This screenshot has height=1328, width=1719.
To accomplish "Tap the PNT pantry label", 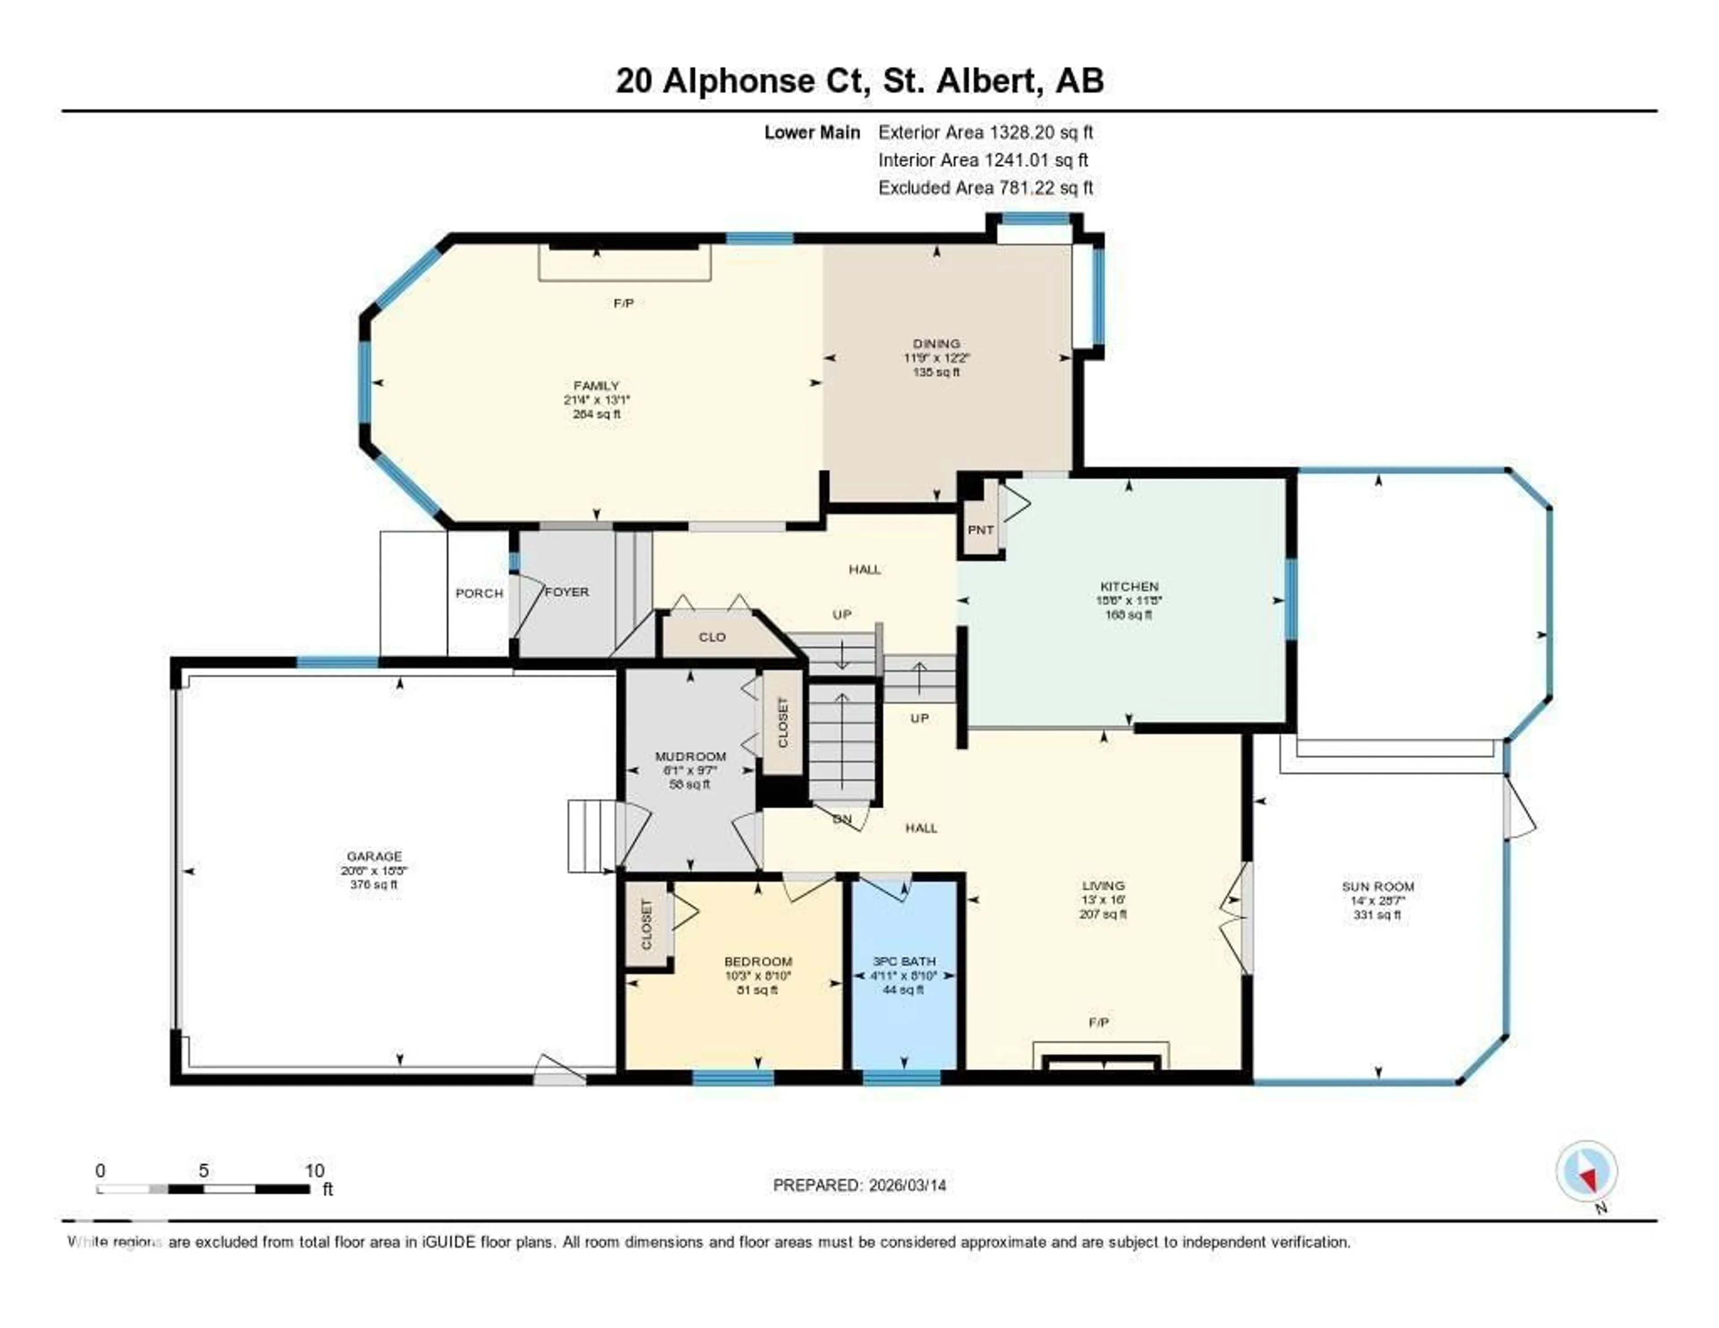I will (980, 530).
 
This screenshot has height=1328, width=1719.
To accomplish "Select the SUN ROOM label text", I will (1377, 887).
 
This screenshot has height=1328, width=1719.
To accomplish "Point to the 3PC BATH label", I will (904, 961).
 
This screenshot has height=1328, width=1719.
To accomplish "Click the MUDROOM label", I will (690, 757).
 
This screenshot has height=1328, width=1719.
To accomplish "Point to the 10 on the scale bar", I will (314, 1170).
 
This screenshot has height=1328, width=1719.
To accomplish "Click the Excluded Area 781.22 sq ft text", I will (985, 187).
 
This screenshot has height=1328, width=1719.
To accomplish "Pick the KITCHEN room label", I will (1129, 587).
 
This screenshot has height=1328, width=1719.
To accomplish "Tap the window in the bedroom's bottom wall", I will (733, 1078).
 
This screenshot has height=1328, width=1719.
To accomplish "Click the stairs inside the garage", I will (590, 836).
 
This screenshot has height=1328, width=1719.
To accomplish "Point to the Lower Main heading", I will (812, 132).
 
